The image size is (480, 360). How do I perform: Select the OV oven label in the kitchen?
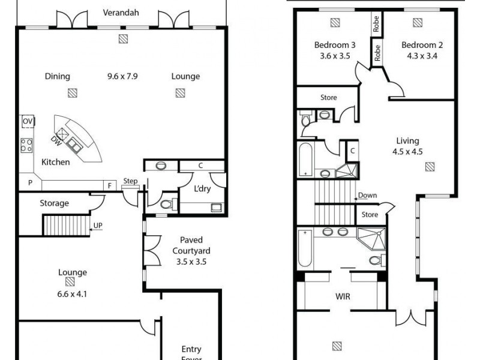tap(27, 121)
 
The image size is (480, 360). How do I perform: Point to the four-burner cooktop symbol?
tap(27, 145)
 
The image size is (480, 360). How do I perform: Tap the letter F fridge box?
tap(110, 185)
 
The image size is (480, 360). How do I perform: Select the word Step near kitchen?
tap(130, 181)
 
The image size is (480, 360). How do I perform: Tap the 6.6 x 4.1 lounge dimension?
tap(72, 293)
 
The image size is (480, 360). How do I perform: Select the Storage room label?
tap(54, 203)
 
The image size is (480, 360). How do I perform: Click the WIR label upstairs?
tap(342, 296)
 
